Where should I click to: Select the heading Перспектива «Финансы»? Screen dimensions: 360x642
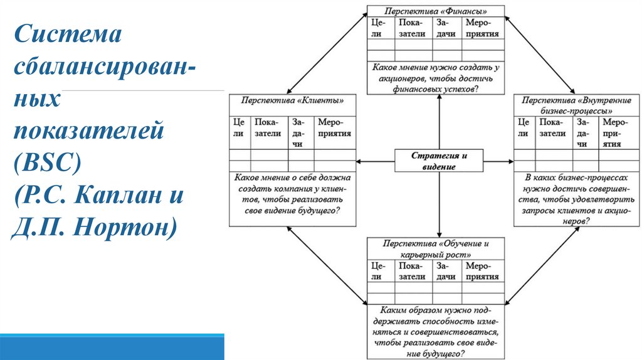click(436, 11)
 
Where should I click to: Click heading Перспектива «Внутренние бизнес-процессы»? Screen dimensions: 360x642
click(576, 105)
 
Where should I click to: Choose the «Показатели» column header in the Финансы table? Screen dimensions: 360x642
click(411, 29)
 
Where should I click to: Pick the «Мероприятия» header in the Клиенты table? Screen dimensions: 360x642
click(334, 128)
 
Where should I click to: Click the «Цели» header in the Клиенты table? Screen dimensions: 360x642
click(238, 128)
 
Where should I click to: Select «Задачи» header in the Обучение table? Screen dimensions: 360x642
click(446, 272)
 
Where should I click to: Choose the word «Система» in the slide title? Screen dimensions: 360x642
click(67, 34)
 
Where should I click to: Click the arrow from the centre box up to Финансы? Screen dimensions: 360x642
click(439, 122)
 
